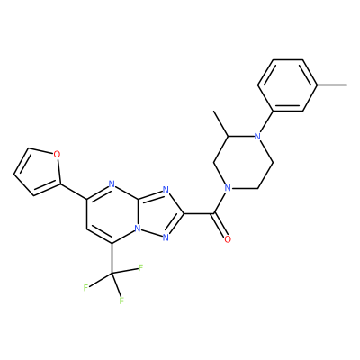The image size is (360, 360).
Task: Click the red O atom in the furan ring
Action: click(x=57, y=155)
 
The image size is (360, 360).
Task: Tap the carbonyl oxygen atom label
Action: click(x=228, y=239)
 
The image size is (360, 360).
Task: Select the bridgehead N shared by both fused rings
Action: click(x=138, y=229)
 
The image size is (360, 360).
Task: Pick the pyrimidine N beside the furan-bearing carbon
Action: click(x=112, y=184)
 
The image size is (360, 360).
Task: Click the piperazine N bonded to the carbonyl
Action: click(x=228, y=189)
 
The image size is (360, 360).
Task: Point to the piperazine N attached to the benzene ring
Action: click(x=257, y=137)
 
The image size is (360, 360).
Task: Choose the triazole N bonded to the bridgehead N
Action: click(x=166, y=238)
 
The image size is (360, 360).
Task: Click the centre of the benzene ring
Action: click(x=288, y=85)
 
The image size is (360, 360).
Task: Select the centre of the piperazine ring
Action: click(x=243, y=163)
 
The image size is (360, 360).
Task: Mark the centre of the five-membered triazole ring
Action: click(x=160, y=214)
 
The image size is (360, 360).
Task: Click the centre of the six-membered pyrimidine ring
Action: click(x=112, y=214)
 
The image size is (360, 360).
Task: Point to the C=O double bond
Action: click(x=220, y=226)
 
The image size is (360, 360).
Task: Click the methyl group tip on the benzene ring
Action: click(x=347, y=85)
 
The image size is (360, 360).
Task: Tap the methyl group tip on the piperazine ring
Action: click(x=213, y=112)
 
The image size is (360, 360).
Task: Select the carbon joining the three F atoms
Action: click(x=112, y=274)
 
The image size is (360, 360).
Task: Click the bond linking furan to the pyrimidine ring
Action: click(x=74, y=192)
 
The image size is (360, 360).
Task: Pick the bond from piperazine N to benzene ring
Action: click(x=265, y=124)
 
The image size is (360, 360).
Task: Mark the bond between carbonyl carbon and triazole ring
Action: click(x=199, y=214)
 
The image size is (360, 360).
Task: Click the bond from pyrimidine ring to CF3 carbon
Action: click(x=112, y=258)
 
